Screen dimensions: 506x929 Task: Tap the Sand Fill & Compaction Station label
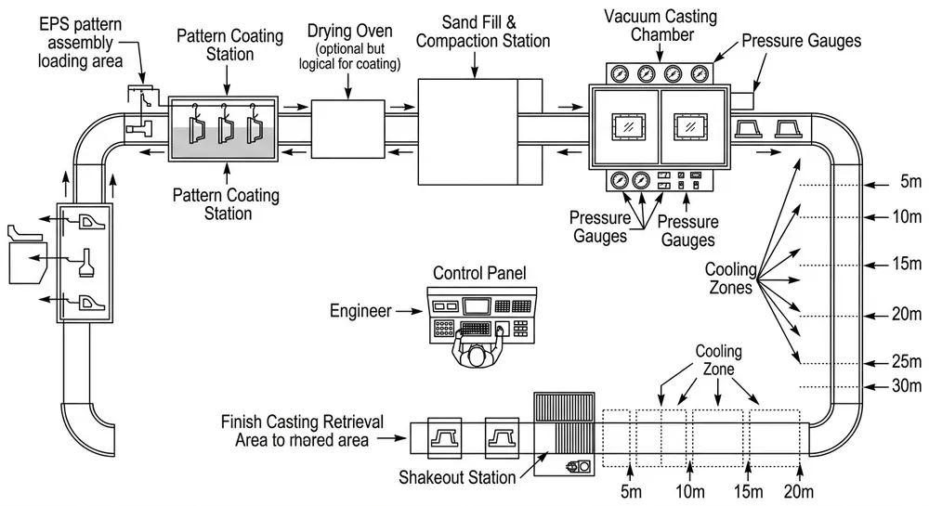pos(478,30)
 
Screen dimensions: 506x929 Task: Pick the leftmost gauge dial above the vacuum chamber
pos(617,75)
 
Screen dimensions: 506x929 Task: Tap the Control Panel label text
pos(479,274)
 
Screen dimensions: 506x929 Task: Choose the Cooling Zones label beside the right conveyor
pos(736,278)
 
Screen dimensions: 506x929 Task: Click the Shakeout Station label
pos(457,477)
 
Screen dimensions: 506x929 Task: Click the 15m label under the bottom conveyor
pos(748,490)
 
